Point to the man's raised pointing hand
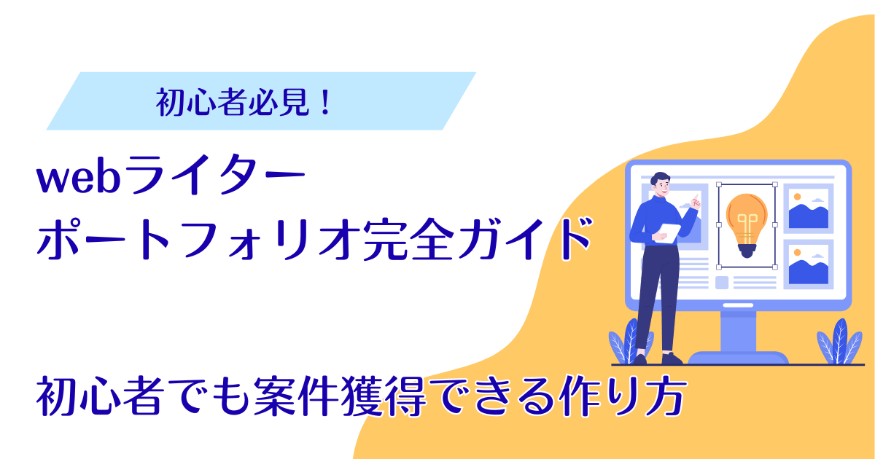pos(696,200)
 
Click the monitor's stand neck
pos(738,331)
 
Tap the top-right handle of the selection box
pos(774,184)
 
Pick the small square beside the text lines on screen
pos(722,282)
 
